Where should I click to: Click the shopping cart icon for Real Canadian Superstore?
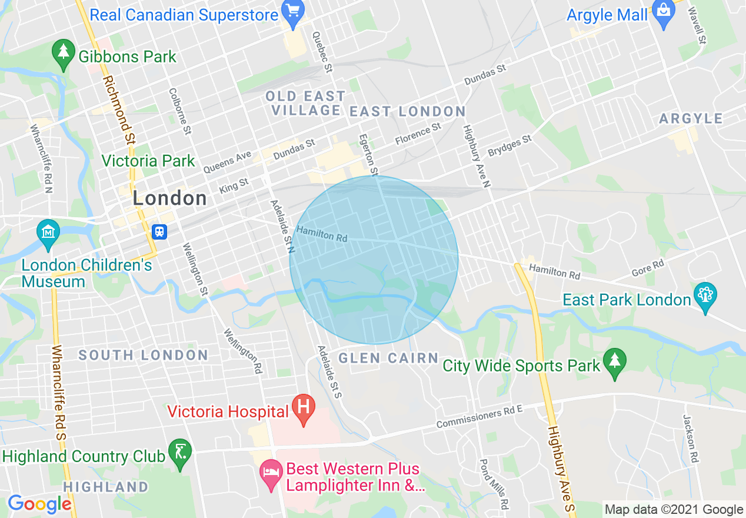pyautogui.click(x=292, y=11)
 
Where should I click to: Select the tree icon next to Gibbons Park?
pyautogui.click(x=63, y=52)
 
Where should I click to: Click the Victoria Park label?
pyautogui.click(x=148, y=161)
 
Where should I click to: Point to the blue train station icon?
pyautogui.click(x=159, y=231)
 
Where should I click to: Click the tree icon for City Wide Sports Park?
pyautogui.click(x=615, y=361)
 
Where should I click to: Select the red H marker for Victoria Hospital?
pyautogui.click(x=304, y=407)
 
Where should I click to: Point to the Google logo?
pyautogui.click(x=39, y=504)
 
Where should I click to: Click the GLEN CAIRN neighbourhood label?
pyautogui.click(x=388, y=358)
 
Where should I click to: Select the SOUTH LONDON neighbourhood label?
pyautogui.click(x=143, y=355)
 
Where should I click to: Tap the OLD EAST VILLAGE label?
pyautogui.click(x=305, y=103)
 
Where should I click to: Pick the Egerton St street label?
pyautogui.click(x=368, y=155)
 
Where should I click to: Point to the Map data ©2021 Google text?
pyautogui.click(x=674, y=510)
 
